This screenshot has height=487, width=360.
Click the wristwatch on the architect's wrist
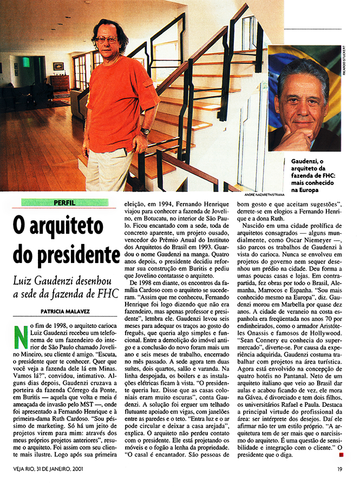145,131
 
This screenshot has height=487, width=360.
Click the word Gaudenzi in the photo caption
306,162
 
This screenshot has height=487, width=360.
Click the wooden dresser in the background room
59,83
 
